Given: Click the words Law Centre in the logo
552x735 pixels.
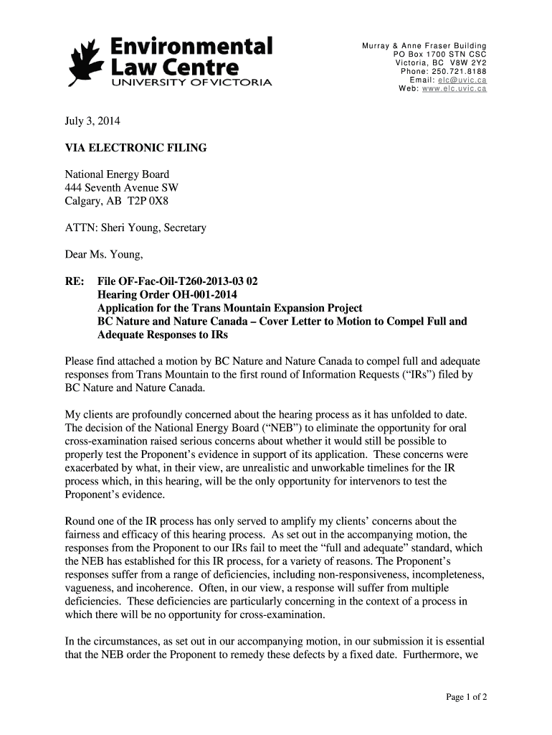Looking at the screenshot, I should point(173,68).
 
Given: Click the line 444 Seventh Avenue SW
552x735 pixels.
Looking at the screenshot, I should point(121,188).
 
